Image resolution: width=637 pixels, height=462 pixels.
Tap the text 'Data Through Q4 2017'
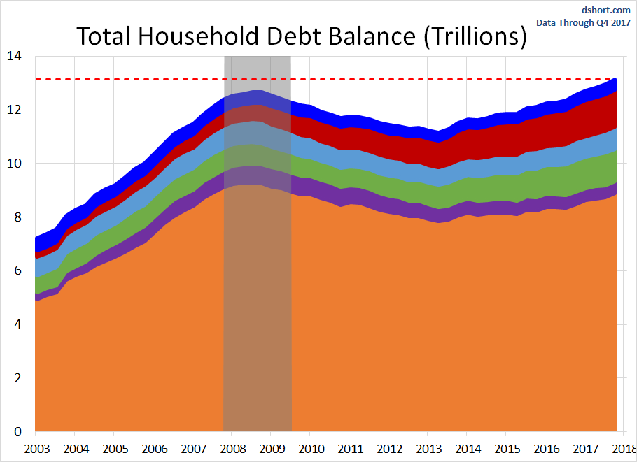pyautogui.click(x=583, y=22)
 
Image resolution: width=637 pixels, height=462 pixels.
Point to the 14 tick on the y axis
pyautogui.click(x=15, y=56)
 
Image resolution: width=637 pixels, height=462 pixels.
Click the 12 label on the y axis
pyautogui.click(x=15, y=110)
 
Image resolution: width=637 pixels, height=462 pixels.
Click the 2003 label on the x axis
pyautogui.click(x=36, y=448)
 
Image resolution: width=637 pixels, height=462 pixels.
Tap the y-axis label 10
pyautogui.click(x=15, y=164)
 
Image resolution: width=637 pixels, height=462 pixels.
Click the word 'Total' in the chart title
pyautogui.click(x=101, y=36)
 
